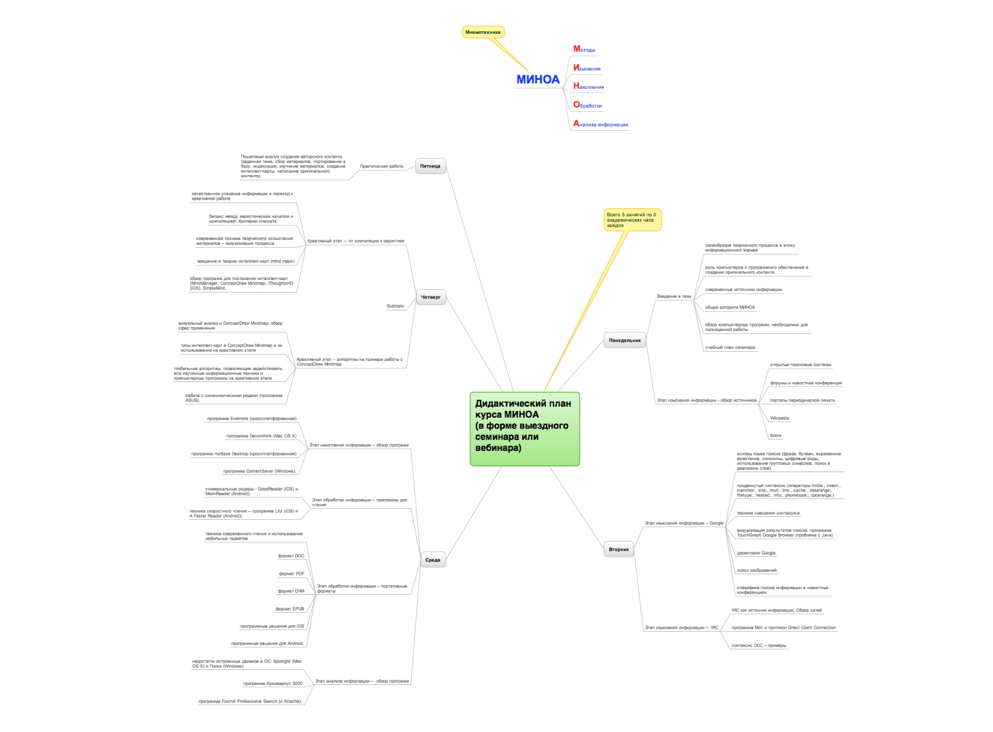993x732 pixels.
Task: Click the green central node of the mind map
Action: pos(524,429)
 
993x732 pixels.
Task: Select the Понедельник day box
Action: pos(624,341)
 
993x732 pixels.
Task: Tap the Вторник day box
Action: pos(619,550)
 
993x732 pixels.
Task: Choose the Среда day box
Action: pos(433,560)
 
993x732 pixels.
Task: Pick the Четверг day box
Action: pos(430,297)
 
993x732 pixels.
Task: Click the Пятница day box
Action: pos(430,166)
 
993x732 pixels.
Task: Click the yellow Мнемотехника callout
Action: pos(483,32)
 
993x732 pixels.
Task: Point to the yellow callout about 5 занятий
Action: pos(632,220)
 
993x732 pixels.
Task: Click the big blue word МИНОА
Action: pos(538,80)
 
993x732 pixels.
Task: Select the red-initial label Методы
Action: pos(584,49)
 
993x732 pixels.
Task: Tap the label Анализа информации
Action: pos(600,124)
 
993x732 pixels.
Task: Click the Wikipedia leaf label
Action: pos(779,418)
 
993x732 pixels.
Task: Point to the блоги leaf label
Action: pos(775,435)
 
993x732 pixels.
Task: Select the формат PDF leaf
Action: pos(292,574)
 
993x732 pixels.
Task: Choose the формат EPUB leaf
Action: pos(290,609)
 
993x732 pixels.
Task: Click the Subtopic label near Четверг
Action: pos(395,306)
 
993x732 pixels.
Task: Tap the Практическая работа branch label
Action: pos(381,166)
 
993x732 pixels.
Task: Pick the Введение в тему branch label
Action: pos(674,297)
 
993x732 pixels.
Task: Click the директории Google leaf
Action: pos(756,553)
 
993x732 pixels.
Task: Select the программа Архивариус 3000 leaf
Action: pos(273,683)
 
